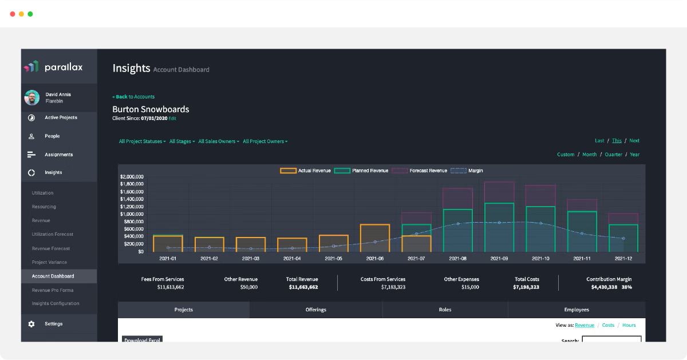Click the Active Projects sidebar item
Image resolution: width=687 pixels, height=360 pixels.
click(x=61, y=117)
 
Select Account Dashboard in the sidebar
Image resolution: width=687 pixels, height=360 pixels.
click(x=53, y=276)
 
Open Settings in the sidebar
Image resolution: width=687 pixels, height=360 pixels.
click(x=53, y=324)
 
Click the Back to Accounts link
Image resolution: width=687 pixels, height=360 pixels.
click(x=133, y=97)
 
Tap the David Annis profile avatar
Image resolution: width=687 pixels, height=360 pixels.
click(x=32, y=97)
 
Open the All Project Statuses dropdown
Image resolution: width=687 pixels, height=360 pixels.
click(x=142, y=141)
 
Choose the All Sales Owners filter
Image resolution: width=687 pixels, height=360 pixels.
click(x=219, y=141)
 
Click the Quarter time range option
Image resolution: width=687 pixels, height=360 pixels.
click(x=613, y=155)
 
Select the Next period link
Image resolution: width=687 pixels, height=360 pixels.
click(x=634, y=141)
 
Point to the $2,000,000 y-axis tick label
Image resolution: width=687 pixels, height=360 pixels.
click(x=132, y=177)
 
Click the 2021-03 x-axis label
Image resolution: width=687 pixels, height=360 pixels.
click(x=251, y=259)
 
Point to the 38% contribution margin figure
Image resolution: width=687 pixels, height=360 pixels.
click(x=626, y=287)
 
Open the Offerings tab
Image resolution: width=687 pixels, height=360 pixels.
click(x=316, y=310)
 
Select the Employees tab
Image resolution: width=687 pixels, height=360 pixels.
click(x=577, y=310)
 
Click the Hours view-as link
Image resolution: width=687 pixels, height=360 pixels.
click(x=629, y=325)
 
